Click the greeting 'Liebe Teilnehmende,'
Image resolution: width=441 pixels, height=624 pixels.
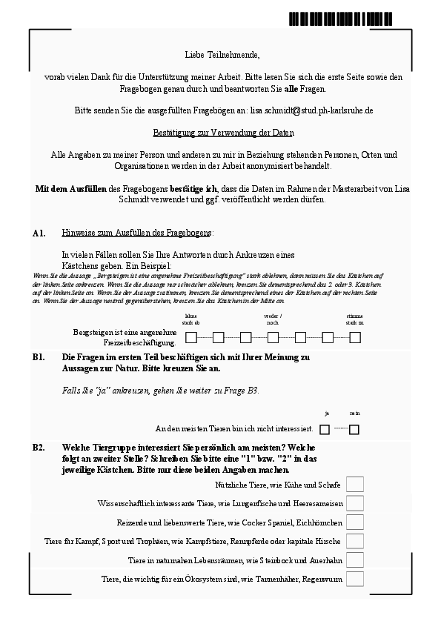tap(222, 55)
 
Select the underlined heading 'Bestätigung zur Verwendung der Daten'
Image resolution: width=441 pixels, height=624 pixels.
tap(223, 133)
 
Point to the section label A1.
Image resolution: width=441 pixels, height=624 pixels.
tap(39, 233)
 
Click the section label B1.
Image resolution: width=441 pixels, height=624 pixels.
tap(39, 357)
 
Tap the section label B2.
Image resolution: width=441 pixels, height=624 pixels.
tap(39, 448)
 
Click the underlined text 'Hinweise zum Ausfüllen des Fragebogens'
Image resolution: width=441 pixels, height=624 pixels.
tap(137, 233)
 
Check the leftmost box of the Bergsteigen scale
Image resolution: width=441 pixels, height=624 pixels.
tap(191, 338)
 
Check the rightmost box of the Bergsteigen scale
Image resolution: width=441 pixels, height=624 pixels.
tap(355, 338)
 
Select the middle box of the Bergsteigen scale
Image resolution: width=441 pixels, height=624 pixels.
tap(273, 338)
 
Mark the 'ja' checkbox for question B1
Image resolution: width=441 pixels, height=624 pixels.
tap(325, 429)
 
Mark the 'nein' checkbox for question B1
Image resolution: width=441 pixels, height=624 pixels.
tap(354, 429)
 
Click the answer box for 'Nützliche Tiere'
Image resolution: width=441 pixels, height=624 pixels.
tap(355, 485)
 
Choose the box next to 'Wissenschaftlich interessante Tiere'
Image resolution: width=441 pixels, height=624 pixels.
tap(355, 503)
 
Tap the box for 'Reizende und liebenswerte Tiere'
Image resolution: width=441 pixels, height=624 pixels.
tap(355, 522)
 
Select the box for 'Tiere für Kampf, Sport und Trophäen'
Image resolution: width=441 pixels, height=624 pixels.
tap(355, 541)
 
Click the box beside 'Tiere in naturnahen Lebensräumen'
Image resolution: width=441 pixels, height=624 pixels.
tap(355, 560)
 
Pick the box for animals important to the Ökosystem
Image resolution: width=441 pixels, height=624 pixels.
tap(355, 579)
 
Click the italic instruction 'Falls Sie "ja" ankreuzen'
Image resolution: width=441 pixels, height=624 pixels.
tap(161, 391)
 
